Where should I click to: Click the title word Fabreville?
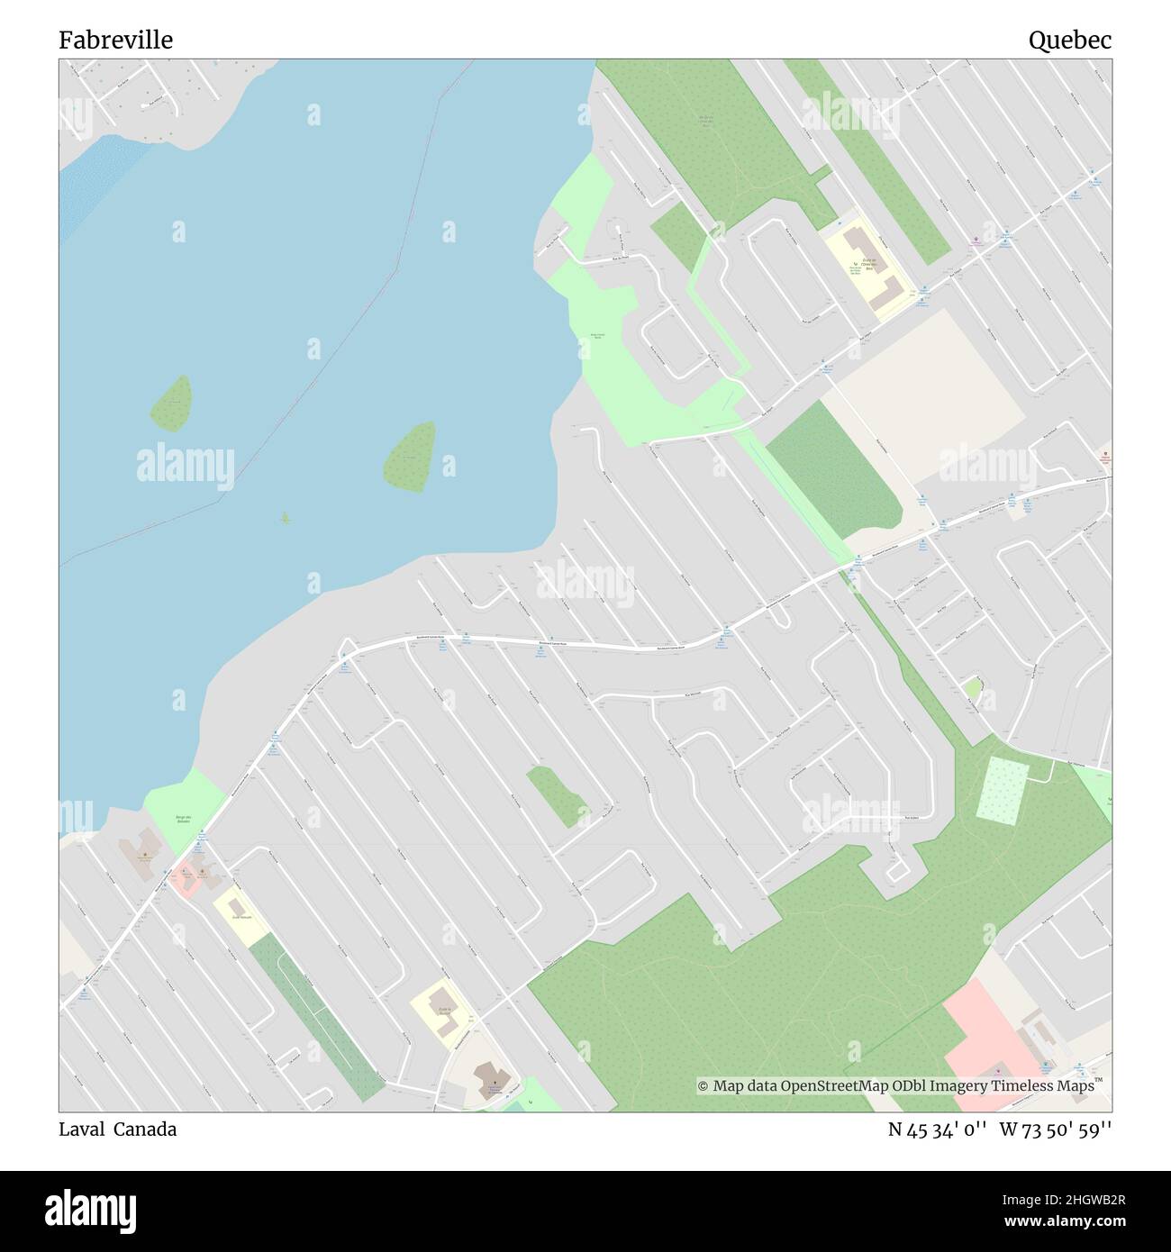(116, 41)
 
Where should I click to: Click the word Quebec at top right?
(1070, 41)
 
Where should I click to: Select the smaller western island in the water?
(171, 404)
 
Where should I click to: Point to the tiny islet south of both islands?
(286, 518)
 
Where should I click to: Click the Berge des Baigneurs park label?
(184, 819)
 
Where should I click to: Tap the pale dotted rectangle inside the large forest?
(1001, 789)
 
